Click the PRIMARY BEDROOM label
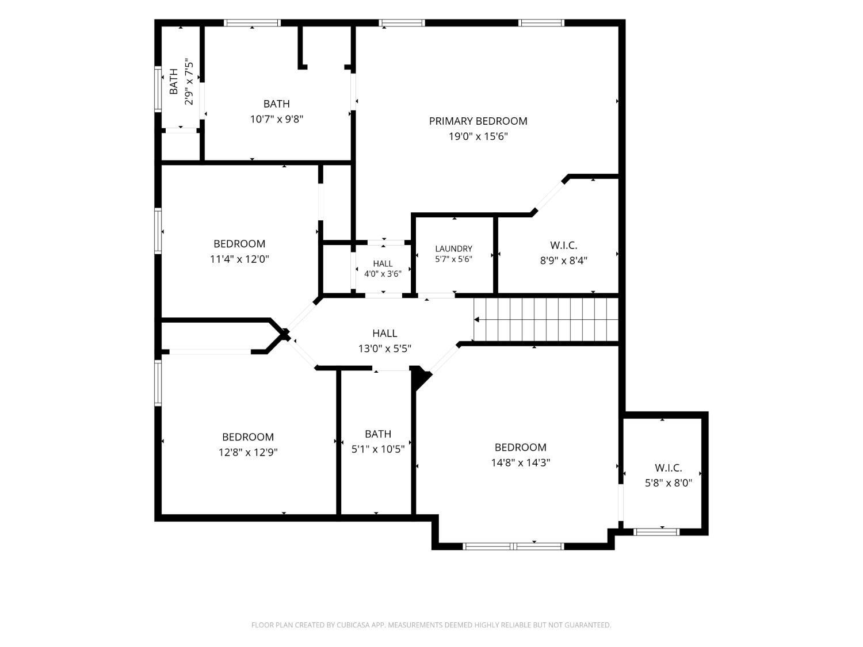tap(478, 121)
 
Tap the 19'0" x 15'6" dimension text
tap(478, 136)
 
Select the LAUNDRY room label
tap(453, 248)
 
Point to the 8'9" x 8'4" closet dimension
tap(563, 261)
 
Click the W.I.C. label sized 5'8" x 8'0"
tap(668, 468)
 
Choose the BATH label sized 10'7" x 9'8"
tap(276, 104)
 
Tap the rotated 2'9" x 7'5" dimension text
tap(189, 82)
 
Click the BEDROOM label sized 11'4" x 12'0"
tap(239, 243)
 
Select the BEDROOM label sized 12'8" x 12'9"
tap(248, 437)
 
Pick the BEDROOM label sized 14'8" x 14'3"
tap(520, 447)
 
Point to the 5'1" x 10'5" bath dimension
tap(378, 449)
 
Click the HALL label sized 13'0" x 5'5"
tap(384, 333)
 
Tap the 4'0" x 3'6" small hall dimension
tap(383, 274)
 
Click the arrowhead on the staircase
tap(476, 319)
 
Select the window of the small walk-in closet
tap(656, 532)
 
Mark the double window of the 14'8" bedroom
tap(513, 546)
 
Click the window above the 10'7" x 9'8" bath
tap(252, 23)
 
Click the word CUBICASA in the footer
tap(353, 625)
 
